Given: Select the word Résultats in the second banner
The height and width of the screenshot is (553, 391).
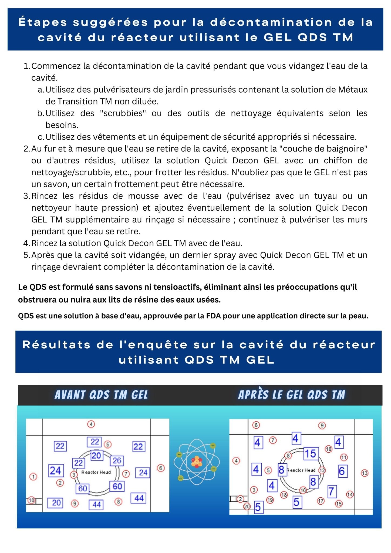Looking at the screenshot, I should (x=56, y=345).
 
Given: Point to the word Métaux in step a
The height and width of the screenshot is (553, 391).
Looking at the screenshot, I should (x=353, y=90).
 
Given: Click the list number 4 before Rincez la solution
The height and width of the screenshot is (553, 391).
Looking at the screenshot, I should (x=26, y=243).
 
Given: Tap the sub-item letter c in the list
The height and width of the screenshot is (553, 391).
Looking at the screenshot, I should (x=41, y=137).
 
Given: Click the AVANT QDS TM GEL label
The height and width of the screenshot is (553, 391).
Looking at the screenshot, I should (x=101, y=395).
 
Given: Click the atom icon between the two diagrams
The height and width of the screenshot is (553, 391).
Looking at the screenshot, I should (x=197, y=462).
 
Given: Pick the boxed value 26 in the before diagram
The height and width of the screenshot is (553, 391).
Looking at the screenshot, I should (x=117, y=460).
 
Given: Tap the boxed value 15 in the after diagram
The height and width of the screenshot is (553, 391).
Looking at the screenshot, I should (x=311, y=454).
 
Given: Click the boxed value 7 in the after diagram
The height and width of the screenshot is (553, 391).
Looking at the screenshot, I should (x=332, y=491).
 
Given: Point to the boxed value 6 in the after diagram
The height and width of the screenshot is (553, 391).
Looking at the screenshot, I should (x=342, y=471).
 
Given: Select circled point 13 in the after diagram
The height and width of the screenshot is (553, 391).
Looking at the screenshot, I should (x=365, y=473).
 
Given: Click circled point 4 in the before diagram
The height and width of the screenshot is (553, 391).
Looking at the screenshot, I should (x=91, y=424).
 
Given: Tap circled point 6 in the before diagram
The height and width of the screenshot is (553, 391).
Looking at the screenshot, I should (x=160, y=468).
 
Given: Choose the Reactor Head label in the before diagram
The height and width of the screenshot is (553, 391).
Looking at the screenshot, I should (x=96, y=472).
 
